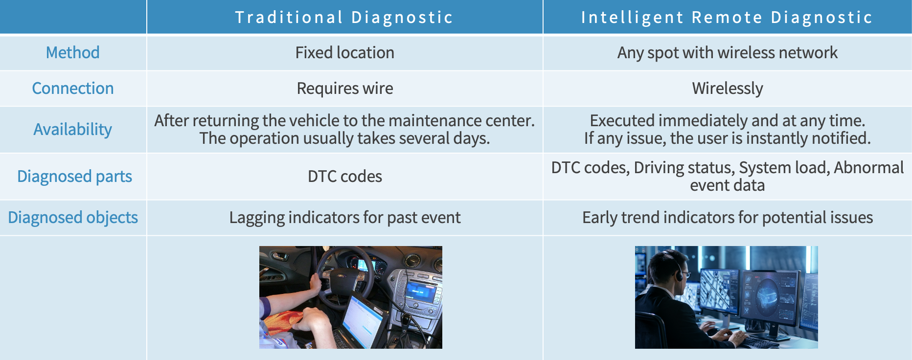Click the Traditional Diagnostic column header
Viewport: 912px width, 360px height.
tap(344, 18)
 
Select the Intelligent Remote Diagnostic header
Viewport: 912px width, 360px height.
tap(727, 18)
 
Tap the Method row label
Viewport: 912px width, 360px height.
tap(72, 53)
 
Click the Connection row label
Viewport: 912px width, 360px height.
tap(73, 89)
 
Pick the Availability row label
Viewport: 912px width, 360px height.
tap(73, 130)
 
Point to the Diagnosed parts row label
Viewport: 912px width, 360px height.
tap(74, 177)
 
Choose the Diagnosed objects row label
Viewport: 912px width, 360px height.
tap(73, 218)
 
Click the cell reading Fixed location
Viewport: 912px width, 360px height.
tap(345, 53)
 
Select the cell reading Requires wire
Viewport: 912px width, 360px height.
tap(345, 89)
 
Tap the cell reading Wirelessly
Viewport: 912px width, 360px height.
tap(728, 89)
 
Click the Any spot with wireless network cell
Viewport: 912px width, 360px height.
tap(728, 53)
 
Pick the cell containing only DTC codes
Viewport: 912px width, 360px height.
tap(345, 177)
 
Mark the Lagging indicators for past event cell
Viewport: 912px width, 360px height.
tap(345, 218)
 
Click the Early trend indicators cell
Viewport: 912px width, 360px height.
tap(728, 218)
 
